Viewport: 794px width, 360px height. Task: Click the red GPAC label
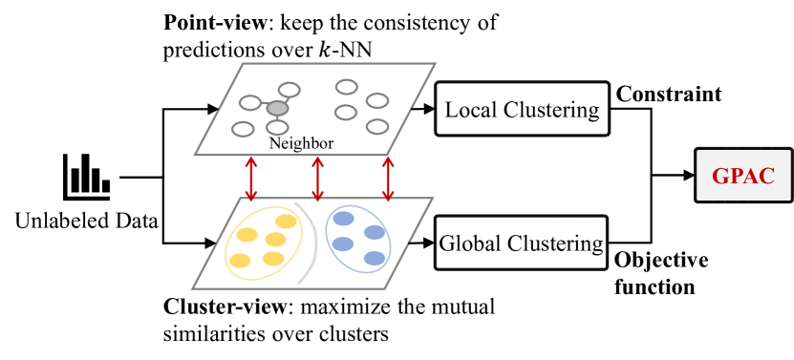[742, 176]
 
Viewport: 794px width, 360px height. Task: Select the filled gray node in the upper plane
[277, 108]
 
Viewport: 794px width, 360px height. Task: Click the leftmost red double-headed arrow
[250, 179]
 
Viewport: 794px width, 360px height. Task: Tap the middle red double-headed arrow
[318, 179]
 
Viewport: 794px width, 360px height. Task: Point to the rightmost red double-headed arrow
[388, 179]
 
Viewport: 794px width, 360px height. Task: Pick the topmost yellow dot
[286, 222]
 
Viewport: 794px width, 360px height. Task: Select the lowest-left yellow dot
[241, 261]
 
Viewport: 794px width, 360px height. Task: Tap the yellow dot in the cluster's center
[275, 240]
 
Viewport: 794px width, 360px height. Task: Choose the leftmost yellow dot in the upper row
[247, 235]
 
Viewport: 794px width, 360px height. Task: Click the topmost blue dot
[343, 219]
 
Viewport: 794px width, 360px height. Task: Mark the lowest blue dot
[375, 258]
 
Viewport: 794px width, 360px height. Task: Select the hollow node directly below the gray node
[277, 127]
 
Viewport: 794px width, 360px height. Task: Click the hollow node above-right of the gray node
[290, 90]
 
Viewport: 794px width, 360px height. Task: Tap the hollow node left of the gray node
[250, 103]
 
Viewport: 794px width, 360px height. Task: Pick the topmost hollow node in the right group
[347, 87]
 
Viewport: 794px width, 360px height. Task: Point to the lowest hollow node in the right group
[377, 126]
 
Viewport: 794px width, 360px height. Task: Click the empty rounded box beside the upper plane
[522, 109]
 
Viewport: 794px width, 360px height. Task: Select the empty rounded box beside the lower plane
[522, 243]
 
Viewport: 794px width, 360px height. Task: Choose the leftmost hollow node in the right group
[346, 113]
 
